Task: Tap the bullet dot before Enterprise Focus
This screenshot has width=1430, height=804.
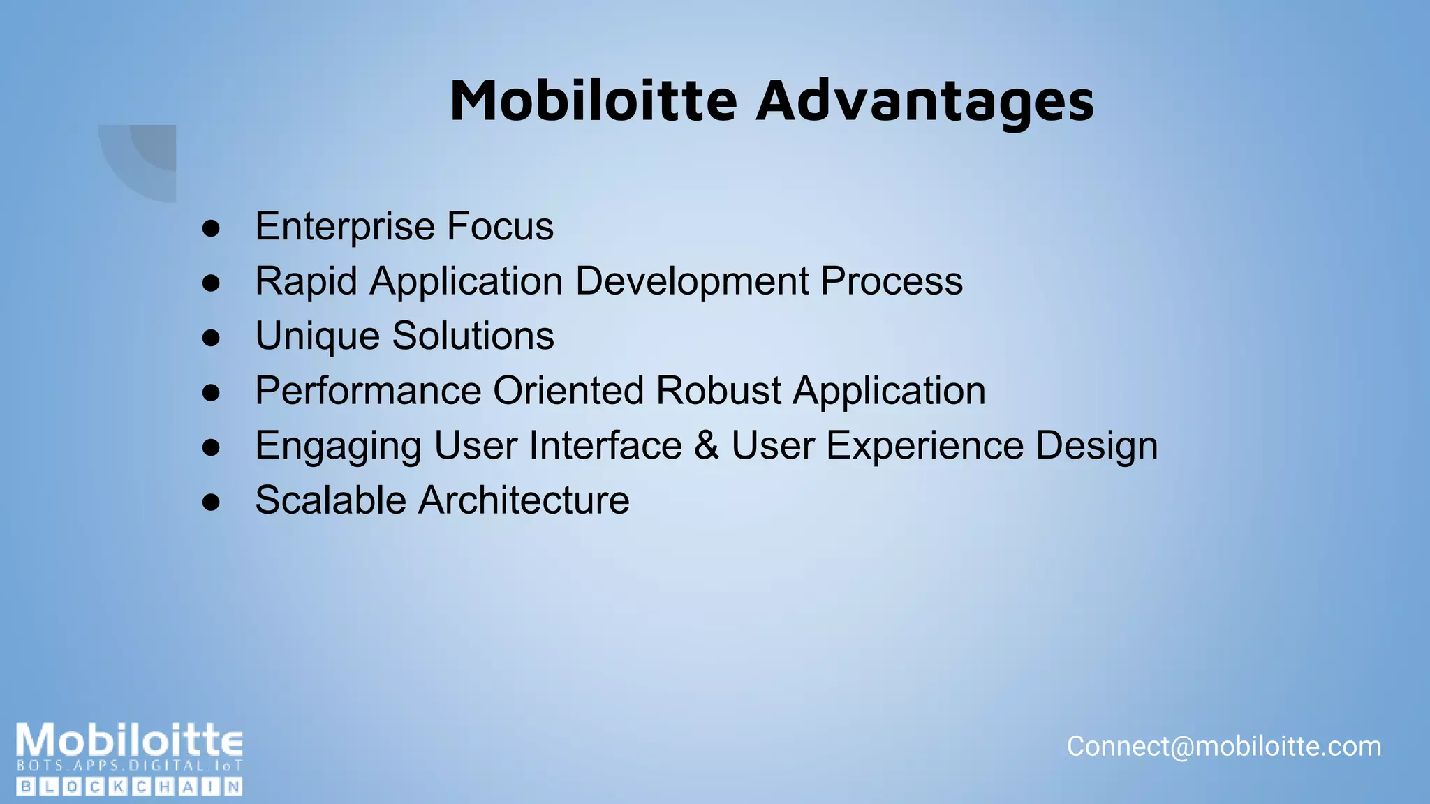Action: pos(211,228)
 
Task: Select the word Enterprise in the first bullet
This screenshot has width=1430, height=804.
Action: pos(345,227)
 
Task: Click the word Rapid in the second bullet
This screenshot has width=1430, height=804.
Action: pos(307,281)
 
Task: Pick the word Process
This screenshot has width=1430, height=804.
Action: pos(892,281)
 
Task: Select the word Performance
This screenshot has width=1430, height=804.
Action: pos(368,391)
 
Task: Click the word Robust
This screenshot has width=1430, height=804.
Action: pos(718,391)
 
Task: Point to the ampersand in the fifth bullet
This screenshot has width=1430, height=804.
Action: pos(707,445)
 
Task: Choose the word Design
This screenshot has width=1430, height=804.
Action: pos(1096,445)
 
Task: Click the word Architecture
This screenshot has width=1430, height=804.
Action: pos(524,500)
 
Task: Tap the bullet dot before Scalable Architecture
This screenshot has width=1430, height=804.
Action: pos(211,502)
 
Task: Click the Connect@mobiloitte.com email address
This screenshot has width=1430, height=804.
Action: pos(1223,747)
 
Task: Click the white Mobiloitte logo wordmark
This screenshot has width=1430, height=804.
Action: pos(130,740)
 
